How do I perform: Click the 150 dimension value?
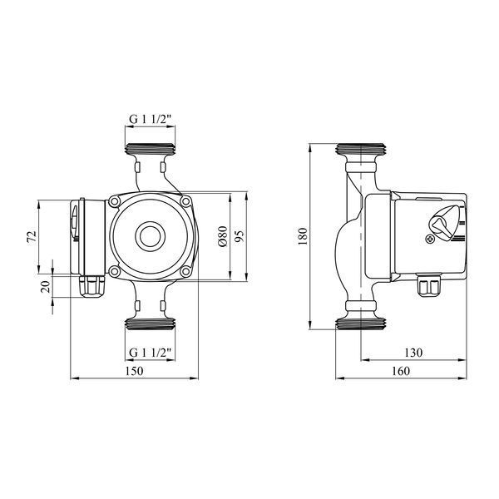[x=134, y=371]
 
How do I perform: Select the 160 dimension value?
[x=401, y=371]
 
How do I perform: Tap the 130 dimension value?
[x=413, y=353]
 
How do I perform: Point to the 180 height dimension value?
[x=303, y=236]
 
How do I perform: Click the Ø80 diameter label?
[x=222, y=236]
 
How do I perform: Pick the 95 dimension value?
[x=240, y=236]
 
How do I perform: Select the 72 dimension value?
[x=32, y=237]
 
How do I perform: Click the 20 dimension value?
[x=46, y=287]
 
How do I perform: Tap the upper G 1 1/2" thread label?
[x=151, y=119]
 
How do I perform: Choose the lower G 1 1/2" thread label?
[x=151, y=353]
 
